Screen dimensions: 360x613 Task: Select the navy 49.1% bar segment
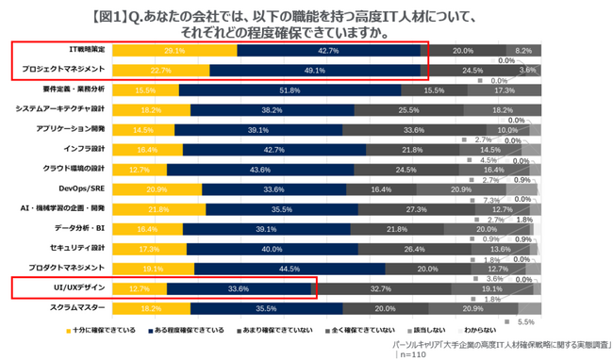314,70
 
